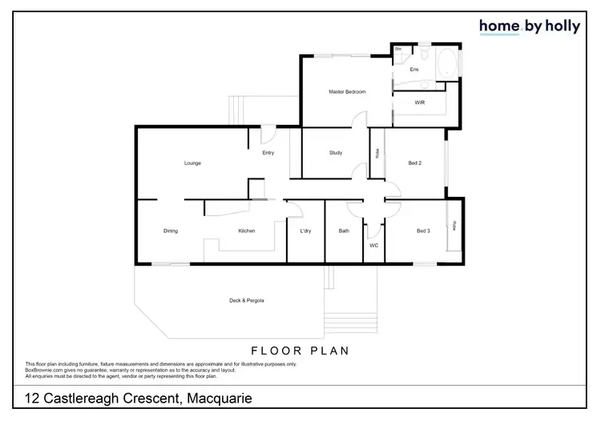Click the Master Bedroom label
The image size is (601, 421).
(347, 93)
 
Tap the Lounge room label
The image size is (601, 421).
(192, 163)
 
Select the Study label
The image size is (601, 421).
(336, 153)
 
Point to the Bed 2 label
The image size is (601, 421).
(414, 163)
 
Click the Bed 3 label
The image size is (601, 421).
(423, 231)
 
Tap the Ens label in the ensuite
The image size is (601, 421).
(413, 70)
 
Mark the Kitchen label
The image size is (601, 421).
(247, 231)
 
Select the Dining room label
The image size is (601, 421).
(171, 231)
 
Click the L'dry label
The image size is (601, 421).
(305, 231)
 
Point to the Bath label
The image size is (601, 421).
(344, 231)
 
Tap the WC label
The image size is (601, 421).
(373, 246)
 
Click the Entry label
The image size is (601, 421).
(268, 153)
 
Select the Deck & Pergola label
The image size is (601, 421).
(247, 300)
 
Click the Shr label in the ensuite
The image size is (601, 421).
(397, 49)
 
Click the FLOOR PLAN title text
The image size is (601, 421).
(300, 351)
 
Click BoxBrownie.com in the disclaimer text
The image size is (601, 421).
(43, 369)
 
